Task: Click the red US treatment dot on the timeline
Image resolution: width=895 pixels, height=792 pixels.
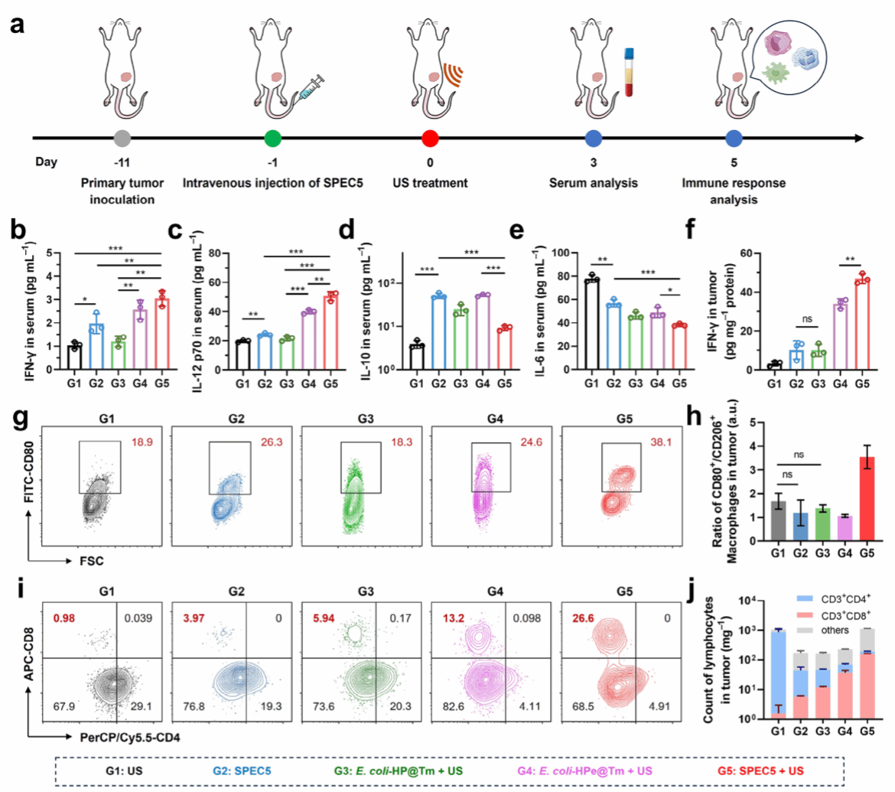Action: [x=430, y=139]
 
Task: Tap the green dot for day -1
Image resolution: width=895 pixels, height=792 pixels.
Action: [x=272, y=139]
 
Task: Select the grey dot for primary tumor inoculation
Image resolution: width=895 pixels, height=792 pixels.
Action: [x=119, y=139]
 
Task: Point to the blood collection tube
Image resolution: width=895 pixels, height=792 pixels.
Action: [x=630, y=73]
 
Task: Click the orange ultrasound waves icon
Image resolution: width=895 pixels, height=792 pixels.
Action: [x=454, y=73]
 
